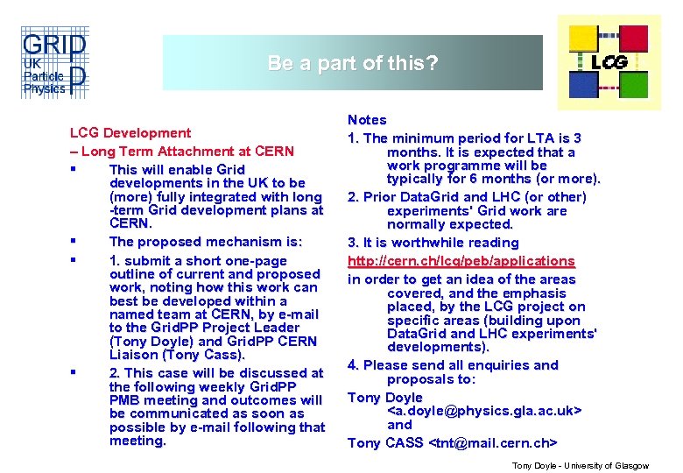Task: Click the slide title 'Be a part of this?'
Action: click(352, 63)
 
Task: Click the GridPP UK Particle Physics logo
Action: click(53, 64)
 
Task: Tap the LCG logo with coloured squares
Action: click(609, 60)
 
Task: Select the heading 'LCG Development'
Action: click(130, 133)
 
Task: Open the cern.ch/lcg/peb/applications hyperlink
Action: click(461, 261)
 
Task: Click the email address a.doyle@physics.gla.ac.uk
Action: click(484, 411)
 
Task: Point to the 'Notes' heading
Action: click(367, 119)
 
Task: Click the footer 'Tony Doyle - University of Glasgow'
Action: click(580, 466)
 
